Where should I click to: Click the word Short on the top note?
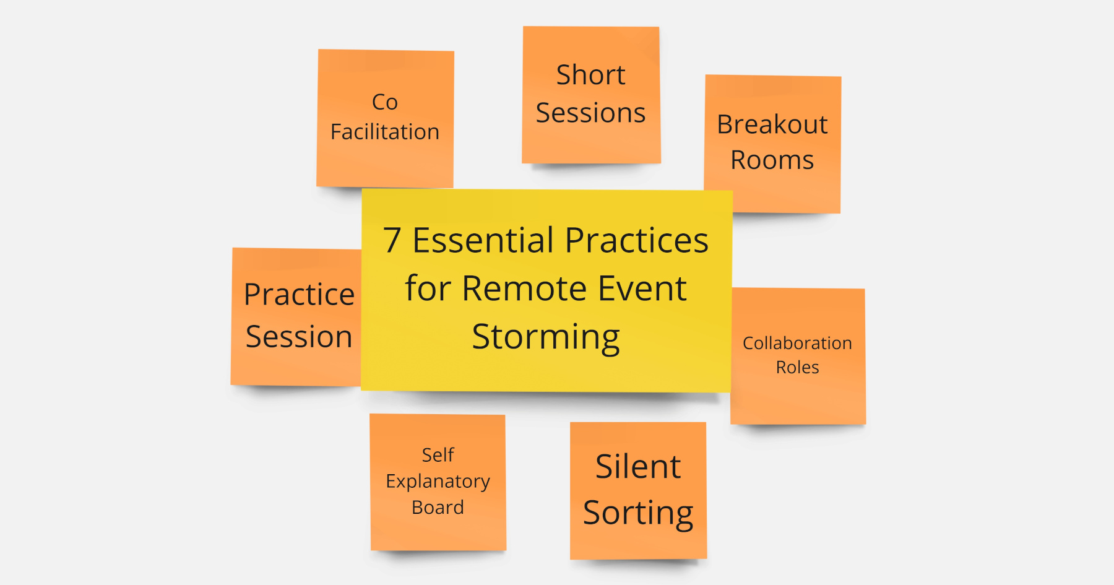point(590,75)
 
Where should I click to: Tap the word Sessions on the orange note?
point(590,113)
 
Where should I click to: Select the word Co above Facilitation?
point(384,102)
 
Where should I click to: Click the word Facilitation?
point(384,132)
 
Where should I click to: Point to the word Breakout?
point(772,124)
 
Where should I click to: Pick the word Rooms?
point(772,160)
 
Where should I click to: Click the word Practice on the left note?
point(299,295)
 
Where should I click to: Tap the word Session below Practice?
point(299,337)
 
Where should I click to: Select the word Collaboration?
point(797,343)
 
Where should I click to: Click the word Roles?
point(797,367)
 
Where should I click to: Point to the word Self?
point(438,455)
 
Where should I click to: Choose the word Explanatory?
point(438,481)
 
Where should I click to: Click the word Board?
point(438,508)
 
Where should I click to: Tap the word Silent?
point(637,467)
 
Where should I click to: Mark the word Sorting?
point(637,513)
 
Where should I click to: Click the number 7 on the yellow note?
point(392,240)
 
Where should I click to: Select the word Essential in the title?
point(483,240)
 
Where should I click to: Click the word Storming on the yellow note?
point(545,337)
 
